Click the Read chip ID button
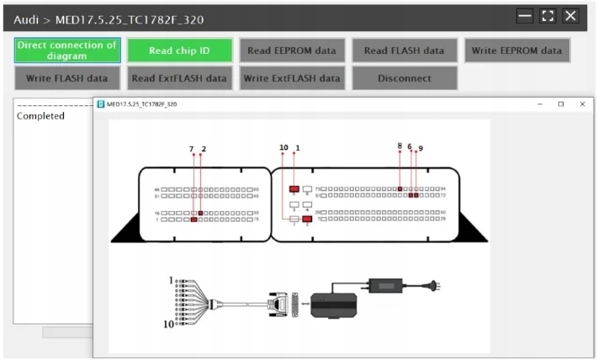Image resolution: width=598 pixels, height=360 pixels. coord(179,50)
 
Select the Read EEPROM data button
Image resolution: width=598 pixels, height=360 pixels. coord(291,50)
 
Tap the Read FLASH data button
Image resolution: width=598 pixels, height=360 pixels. coord(404,50)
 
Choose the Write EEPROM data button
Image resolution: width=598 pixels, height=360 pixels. coord(516,50)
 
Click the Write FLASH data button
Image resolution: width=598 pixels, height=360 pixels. coord(67,78)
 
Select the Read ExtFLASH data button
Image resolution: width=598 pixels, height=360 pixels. coord(179,78)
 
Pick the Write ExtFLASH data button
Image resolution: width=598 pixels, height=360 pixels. coord(291,78)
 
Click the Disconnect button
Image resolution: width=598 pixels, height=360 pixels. coord(404,78)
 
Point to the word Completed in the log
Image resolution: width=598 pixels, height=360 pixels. coord(40,116)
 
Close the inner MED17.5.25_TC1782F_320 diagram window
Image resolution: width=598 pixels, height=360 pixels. coord(582,104)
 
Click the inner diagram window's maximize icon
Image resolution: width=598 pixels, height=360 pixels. coord(561,104)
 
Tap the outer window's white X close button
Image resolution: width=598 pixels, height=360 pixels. coord(571,16)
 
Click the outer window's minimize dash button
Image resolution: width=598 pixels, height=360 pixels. coord(525,16)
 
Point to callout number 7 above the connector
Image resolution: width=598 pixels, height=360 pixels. coord(193,149)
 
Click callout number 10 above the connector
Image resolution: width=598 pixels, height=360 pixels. coord(283,148)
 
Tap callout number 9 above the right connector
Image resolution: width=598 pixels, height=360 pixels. coord(420,148)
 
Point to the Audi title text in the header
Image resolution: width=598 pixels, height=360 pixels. coord(29,19)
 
